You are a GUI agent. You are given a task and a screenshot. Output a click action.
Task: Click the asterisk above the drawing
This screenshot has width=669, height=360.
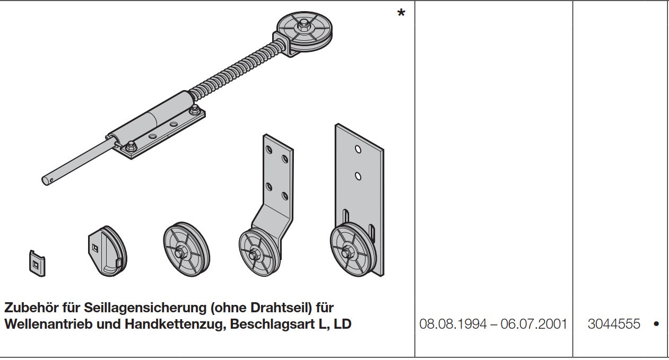pos(401,13)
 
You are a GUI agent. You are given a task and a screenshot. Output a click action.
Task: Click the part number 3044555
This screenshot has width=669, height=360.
pos(614,324)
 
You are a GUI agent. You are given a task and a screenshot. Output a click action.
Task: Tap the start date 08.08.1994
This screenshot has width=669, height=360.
pos(453,324)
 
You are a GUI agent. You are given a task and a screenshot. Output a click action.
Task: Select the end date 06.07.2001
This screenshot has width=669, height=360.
pos(534,324)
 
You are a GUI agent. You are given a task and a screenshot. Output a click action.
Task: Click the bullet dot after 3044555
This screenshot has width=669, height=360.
pos(656,324)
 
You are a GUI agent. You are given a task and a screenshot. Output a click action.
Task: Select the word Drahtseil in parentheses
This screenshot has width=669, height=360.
pos(281,308)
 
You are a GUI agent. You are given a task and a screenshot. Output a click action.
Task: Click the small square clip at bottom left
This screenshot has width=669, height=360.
pos(37,264)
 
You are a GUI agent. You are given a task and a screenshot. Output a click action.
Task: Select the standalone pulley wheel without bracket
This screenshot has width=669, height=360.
pos(186,249)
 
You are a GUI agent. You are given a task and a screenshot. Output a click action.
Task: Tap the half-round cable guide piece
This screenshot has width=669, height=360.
pos(108,250)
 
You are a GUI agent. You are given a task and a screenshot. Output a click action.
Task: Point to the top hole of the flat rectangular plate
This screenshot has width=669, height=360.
pos(358,149)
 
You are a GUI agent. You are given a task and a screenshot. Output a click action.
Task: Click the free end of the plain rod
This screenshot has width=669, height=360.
pos(46,181)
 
